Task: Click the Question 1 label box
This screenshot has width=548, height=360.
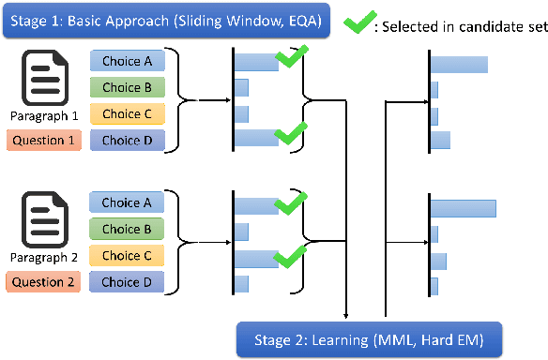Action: (42, 141)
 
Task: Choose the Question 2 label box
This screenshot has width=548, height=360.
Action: (42, 281)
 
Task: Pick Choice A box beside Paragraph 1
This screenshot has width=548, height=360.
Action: (127, 62)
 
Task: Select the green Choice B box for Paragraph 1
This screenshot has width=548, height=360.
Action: (127, 88)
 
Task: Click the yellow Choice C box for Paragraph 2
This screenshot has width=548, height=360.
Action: (127, 255)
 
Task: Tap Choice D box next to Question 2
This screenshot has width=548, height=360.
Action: (127, 281)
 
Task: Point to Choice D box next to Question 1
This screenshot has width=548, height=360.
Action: (127, 141)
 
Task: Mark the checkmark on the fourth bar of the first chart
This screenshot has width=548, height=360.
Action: (290, 132)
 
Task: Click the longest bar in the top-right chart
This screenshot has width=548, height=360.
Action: (459, 65)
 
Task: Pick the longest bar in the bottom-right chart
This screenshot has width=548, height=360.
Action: (463, 206)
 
